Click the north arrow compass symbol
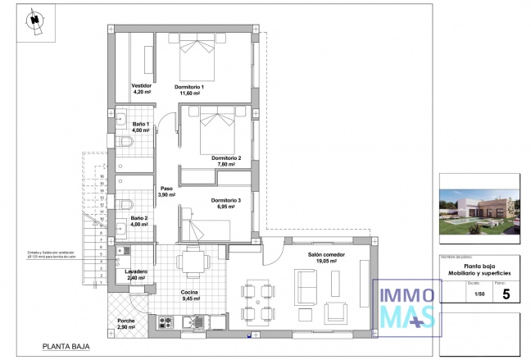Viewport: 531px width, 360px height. click(x=34, y=22)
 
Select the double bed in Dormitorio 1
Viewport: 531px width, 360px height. click(x=197, y=55)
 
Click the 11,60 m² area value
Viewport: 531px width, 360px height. click(x=194, y=93)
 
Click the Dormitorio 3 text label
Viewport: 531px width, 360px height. click(x=226, y=201)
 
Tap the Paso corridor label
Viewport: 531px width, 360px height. click(x=166, y=188)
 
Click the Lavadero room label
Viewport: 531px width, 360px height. click(x=136, y=271)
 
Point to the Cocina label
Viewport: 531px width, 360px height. click(x=190, y=293)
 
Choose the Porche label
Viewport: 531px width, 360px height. click(x=126, y=321)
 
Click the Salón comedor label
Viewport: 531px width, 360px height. click(x=326, y=255)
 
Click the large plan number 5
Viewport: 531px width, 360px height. click(x=505, y=296)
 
